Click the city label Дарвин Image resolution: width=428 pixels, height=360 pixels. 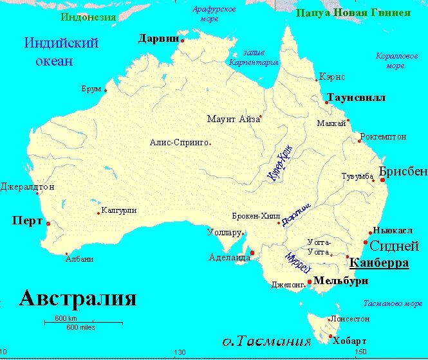click(158, 39)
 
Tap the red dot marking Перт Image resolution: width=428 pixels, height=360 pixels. click(48, 224)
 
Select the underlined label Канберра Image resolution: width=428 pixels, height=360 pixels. click(378, 263)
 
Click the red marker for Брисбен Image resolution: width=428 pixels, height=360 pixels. click(383, 181)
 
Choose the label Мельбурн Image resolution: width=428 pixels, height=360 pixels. click(341, 281)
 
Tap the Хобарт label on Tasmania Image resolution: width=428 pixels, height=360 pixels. click(351, 341)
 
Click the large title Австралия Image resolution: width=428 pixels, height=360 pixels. click(77, 298)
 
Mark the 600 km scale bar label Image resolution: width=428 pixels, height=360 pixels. click(66, 318)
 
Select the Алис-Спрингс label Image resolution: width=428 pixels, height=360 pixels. click(179, 142)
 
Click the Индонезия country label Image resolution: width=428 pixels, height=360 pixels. click(88, 17)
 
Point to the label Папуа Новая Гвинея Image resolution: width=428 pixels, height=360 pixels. click(353, 13)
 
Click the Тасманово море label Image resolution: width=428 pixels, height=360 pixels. click(392, 303)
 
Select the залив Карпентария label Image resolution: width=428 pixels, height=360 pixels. click(254, 58)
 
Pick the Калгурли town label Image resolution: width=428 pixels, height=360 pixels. click(119, 210)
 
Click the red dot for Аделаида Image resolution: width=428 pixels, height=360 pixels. click(252, 253)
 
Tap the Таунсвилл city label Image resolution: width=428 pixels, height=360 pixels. click(356, 98)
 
